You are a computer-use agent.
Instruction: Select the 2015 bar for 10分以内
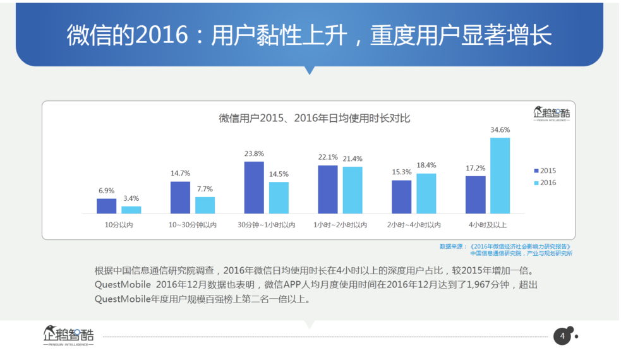pos(107,207)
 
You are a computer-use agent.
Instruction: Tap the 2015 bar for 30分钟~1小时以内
pos(254,188)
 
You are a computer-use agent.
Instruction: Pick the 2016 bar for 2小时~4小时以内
pos(426,193)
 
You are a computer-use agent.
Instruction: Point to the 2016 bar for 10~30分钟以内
pos(205,205)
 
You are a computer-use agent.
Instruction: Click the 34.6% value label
pos(500,130)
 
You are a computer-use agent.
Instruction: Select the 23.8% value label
pos(254,153)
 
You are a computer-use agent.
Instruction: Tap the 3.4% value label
pos(131,199)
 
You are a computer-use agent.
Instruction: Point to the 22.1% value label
pos(328,157)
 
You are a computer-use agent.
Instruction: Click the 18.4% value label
pos(426,165)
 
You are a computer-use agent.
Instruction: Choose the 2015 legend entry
pos(545,171)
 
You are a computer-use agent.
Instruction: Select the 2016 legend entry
pos(545,183)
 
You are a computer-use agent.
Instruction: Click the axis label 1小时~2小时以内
pos(340,225)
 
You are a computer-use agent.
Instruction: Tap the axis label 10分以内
pos(119,225)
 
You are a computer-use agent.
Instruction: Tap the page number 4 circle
pos(562,337)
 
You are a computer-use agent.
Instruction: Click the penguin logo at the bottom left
pos(68,335)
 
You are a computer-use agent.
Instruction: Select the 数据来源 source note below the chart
pos(506,249)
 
